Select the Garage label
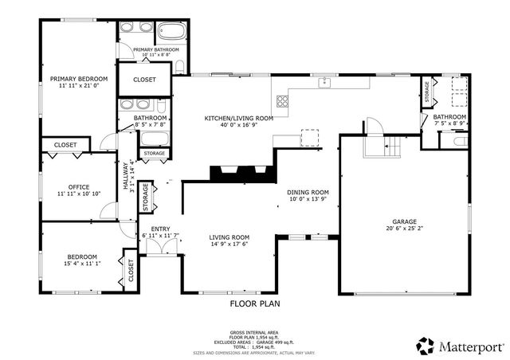[x=403, y=222]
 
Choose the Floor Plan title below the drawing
[x=255, y=303]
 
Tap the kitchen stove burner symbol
[x=282, y=100]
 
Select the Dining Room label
[x=308, y=192]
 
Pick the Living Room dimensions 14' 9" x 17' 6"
[x=229, y=245]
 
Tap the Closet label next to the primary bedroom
[x=144, y=80]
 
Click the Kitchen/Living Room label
[x=239, y=118]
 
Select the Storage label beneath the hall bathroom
[x=155, y=153]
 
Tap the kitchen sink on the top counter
[x=324, y=82]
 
